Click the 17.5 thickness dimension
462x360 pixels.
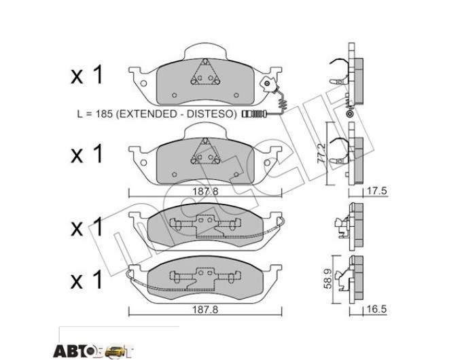point(376,191)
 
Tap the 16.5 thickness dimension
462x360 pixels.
point(376,309)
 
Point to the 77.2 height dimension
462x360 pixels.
point(321,154)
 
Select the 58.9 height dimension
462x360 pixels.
point(327,278)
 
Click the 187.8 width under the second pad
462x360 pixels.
point(205,192)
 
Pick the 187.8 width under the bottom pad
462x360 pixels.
point(205,310)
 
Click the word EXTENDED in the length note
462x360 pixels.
point(147,113)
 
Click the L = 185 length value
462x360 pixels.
point(95,113)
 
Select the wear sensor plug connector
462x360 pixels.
point(254,113)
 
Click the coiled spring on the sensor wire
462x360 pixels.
point(283,105)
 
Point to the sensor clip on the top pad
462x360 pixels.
point(268,84)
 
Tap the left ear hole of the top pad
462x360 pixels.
point(143,84)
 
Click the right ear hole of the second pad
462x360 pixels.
point(267,163)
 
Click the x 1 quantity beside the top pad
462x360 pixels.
point(87,75)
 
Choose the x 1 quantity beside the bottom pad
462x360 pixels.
point(87,280)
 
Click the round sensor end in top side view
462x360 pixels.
point(351,113)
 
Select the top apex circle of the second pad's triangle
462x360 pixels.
point(205,142)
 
